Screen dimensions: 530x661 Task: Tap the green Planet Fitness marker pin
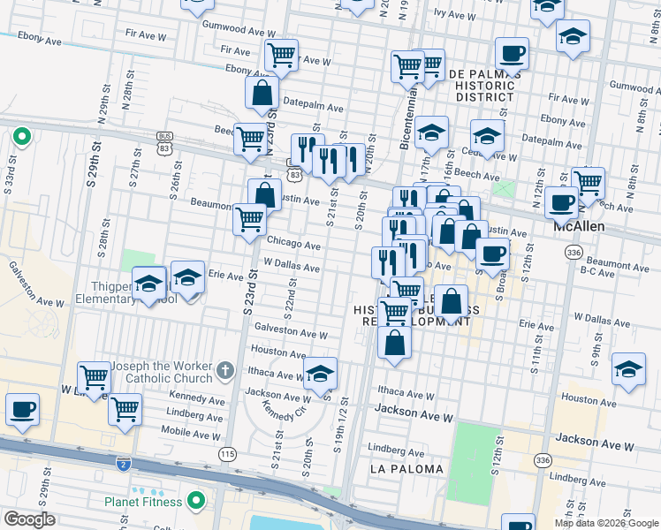196,502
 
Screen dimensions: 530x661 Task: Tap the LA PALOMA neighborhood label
405,468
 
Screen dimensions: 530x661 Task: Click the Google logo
30,519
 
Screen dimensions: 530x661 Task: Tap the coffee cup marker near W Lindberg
22,410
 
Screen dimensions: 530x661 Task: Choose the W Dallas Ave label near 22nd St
292,263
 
